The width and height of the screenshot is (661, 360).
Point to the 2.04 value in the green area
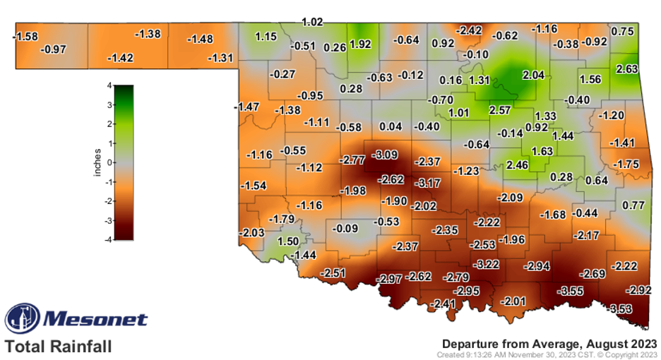tap(533, 75)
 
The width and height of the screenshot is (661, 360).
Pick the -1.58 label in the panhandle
tap(26, 36)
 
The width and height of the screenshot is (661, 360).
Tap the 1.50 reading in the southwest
tap(289, 241)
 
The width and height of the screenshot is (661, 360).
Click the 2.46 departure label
tap(518, 165)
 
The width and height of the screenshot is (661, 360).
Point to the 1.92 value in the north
tap(360, 44)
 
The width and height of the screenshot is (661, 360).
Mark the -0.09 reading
tap(344, 228)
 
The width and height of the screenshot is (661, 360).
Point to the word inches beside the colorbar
tap(98, 162)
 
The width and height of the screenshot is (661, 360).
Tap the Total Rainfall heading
tap(58, 347)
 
